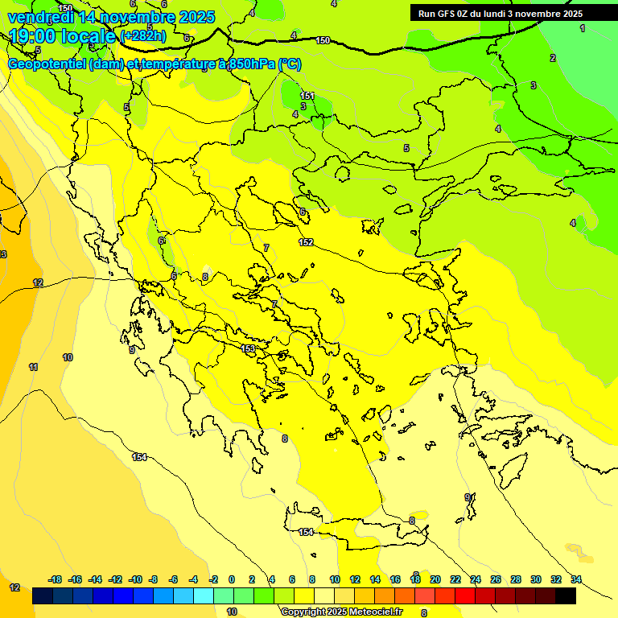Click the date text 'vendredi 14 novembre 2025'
pyautogui.click(x=112, y=17)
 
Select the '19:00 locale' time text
pyautogui.click(x=62, y=36)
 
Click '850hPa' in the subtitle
pyautogui.click(x=250, y=65)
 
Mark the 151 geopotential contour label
pyautogui.click(x=307, y=97)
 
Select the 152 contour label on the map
pyautogui.click(x=306, y=242)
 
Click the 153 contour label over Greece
pyautogui.click(x=249, y=348)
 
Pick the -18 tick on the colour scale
pyautogui.click(x=55, y=579)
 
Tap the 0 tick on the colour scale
pyautogui.click(x=231, y=579)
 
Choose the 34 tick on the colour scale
pyautogui.click(x=576, y=579)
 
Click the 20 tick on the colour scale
pyautogui.click(x=435, y=579)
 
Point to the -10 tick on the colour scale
pyautogui.click(x=135, y=579)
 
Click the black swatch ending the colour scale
pyautogui.click(x=566, y=596)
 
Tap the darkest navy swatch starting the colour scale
pyautogui.click(x=43, y=596)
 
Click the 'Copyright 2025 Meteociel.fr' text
pyautogui.click(x=342, y=612)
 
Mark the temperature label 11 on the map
pyautogui.click(x=33, y=367)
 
